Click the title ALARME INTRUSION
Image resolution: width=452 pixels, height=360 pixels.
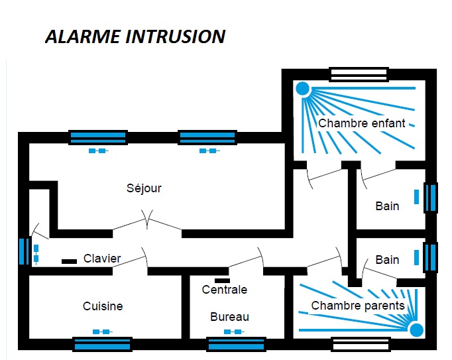point(135,36)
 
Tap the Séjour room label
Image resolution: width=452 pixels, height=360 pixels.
point(144,188)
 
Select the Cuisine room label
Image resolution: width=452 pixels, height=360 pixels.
point(103,306)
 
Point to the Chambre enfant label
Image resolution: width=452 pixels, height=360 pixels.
point(362,123)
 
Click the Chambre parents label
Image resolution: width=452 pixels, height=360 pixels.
point(358,306)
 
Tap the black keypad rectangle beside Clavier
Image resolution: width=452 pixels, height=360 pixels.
point(69,261)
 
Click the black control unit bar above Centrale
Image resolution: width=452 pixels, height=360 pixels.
point(222,280)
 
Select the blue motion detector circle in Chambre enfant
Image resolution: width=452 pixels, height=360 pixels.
point(302,88)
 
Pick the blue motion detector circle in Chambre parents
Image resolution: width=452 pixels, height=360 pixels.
point(416,330)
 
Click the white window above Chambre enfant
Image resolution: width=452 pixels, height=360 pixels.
point(359,73)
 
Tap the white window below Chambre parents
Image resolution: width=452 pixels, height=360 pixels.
point(360,344)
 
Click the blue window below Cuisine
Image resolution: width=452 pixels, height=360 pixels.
point(101,344)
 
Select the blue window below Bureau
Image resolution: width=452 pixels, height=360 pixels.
point(237,344)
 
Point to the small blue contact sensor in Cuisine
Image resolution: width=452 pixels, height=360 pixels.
point(101,331)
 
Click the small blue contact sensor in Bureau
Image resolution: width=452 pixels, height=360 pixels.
point(233,331)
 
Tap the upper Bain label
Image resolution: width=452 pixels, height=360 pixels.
point(387,206)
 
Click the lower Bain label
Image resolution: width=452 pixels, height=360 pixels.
point(387,259)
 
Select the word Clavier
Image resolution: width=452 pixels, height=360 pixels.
point(102,259)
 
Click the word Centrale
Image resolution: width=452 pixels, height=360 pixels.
point(225,290)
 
